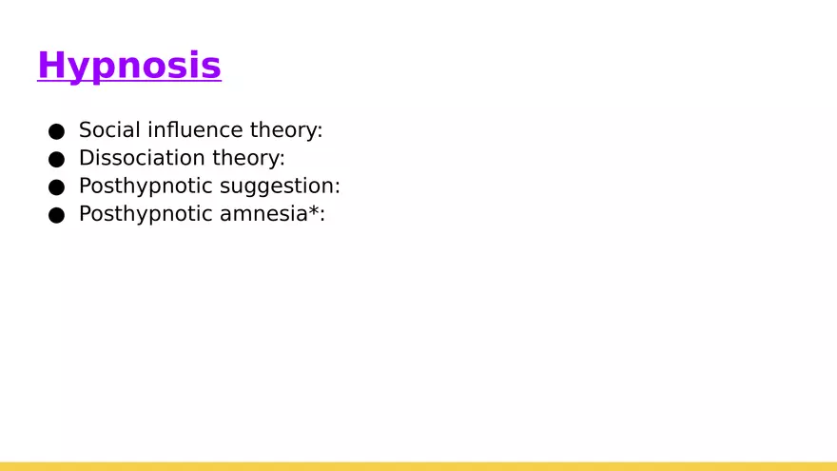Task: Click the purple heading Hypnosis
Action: coord(129,66)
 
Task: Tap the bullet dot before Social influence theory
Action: coord(56,131)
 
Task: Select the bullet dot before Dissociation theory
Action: coord(56,159)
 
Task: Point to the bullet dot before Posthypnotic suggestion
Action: coord(56,187)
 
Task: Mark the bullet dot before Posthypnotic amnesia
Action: coord(56,215)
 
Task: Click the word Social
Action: coord(110,129)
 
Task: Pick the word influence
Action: coord(195,129)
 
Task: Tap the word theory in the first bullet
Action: coord(283,131)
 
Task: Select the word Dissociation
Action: coord(142,158)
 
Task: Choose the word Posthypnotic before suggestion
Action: coord(146,186)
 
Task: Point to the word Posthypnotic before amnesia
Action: coord(146,215)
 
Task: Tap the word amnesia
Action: coord(263,214)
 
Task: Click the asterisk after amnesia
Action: coord(314,210)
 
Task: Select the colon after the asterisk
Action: coord(322,216)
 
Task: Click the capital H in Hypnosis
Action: coord(50,65)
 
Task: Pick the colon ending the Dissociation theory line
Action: coord(282,160)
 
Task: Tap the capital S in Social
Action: coord(86,129)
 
